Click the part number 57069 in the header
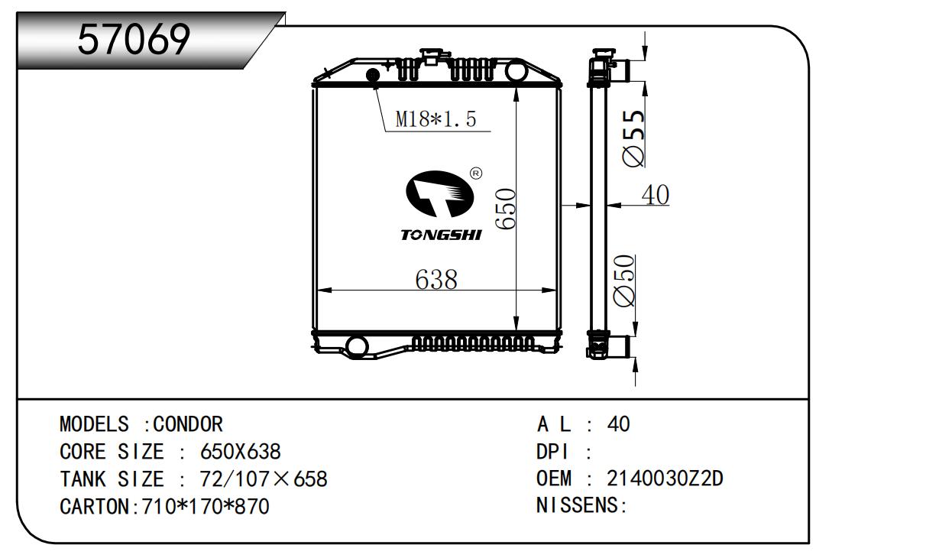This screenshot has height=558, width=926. (x=134, y=39)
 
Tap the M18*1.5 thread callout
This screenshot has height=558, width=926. (x=435, y=118)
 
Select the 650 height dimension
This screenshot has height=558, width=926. (x=505, y=209)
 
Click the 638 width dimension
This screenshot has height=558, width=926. (x=436, y=279)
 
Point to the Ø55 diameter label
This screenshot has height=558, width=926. (x=633, y=138)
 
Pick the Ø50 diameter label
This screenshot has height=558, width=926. (x=623, y=281)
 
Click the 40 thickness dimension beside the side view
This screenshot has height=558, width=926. (x=656, y=194)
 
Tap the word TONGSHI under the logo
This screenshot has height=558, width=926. (x=441, y=235)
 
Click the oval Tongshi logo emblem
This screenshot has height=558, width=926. (x=439, y=193)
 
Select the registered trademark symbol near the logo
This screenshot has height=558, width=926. (x=476, y=174)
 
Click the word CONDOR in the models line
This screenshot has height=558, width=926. (x=188, y=424)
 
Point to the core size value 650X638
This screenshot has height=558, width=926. (x=240, y=451)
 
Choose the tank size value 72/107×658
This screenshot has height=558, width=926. (x=264, y=479)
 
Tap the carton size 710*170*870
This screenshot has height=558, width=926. (x=206, y=506)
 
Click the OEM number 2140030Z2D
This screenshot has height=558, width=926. (x=665, y=479)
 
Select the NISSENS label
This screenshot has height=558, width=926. (x=581, y=505)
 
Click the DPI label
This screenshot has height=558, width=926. (x=552, y=451)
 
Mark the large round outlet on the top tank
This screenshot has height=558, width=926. (x=516, y=71)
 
